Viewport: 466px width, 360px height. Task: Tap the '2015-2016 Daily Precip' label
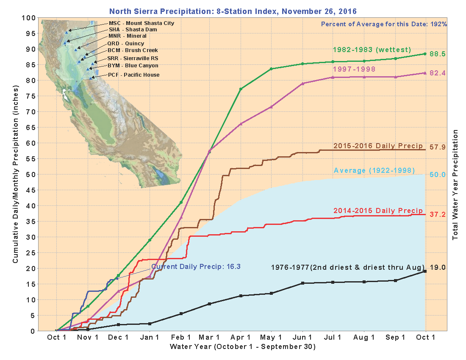378,146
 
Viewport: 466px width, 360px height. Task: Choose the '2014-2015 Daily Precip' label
378,211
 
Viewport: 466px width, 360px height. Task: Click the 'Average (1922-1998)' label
374,170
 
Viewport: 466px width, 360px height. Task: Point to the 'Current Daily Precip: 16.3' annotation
196,267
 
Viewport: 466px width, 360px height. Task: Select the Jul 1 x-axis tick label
333,338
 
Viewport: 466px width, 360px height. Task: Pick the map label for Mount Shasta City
141,23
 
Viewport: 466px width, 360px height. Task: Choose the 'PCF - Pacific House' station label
133,75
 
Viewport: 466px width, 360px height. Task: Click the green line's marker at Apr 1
241,89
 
